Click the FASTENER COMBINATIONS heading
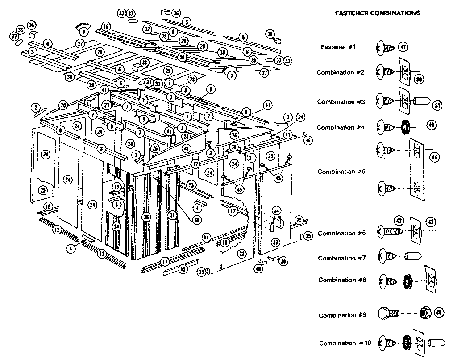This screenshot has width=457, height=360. [377, 13]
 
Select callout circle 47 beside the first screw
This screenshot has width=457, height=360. [403, 47]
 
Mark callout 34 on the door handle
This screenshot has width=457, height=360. [277, 210]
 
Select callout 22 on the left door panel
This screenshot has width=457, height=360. [241, 253]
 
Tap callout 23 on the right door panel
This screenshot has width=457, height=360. [275, 243]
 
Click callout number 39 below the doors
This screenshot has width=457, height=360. [283, 262]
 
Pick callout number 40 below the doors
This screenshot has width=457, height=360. [258, 268]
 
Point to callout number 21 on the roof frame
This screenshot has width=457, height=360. [106, 105]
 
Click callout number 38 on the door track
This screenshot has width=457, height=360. [233, 147]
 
